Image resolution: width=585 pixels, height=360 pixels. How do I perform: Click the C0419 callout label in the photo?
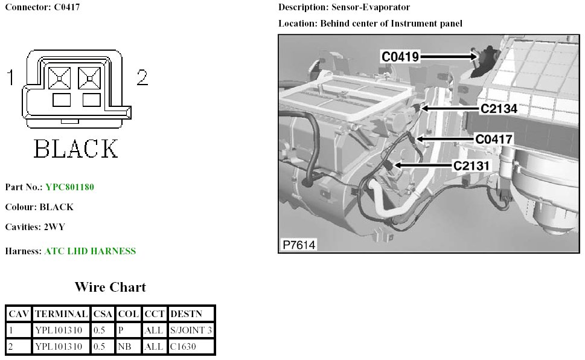point(401,56)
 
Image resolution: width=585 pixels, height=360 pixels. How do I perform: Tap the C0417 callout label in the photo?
point(494,139)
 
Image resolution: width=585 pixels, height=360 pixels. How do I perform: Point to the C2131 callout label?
point(472,164)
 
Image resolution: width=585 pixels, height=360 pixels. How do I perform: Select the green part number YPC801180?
point(69,187)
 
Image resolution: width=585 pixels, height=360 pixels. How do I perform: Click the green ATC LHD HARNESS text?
point(90,251)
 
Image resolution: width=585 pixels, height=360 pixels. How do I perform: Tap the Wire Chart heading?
point(110,287)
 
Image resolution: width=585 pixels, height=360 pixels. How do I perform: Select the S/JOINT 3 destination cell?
point(191,330)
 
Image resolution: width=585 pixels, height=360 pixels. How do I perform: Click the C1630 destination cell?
point(183,347)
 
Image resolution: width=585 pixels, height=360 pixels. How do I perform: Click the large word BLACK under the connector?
point(76,149)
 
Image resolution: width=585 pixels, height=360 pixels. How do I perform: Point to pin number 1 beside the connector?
point(11,77)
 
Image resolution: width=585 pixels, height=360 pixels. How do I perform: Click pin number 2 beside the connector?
point(142,77)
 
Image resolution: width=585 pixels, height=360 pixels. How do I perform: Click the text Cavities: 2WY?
point(35,227)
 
